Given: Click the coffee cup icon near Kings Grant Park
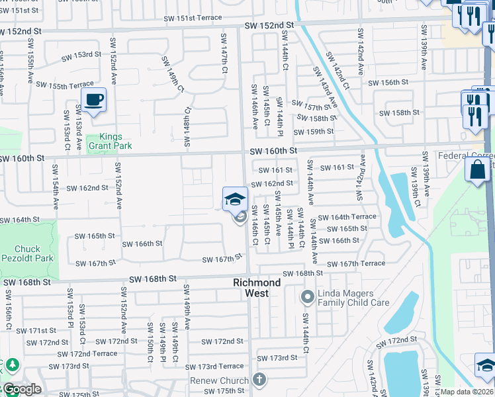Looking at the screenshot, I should [x=94, y=100].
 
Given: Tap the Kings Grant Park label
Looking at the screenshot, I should [x=111, y=141].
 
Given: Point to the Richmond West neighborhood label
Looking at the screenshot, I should [x=257, y=287].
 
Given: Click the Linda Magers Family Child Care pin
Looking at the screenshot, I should [x=307, y=297].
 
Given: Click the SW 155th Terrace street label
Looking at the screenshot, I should [x=65, y=85].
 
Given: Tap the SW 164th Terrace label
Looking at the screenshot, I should [x=347, y=217].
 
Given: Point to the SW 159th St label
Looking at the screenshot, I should [x=315, y=132].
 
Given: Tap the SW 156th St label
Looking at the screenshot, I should [x=388, y=83].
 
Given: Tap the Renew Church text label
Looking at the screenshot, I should [x=220, y=380].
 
